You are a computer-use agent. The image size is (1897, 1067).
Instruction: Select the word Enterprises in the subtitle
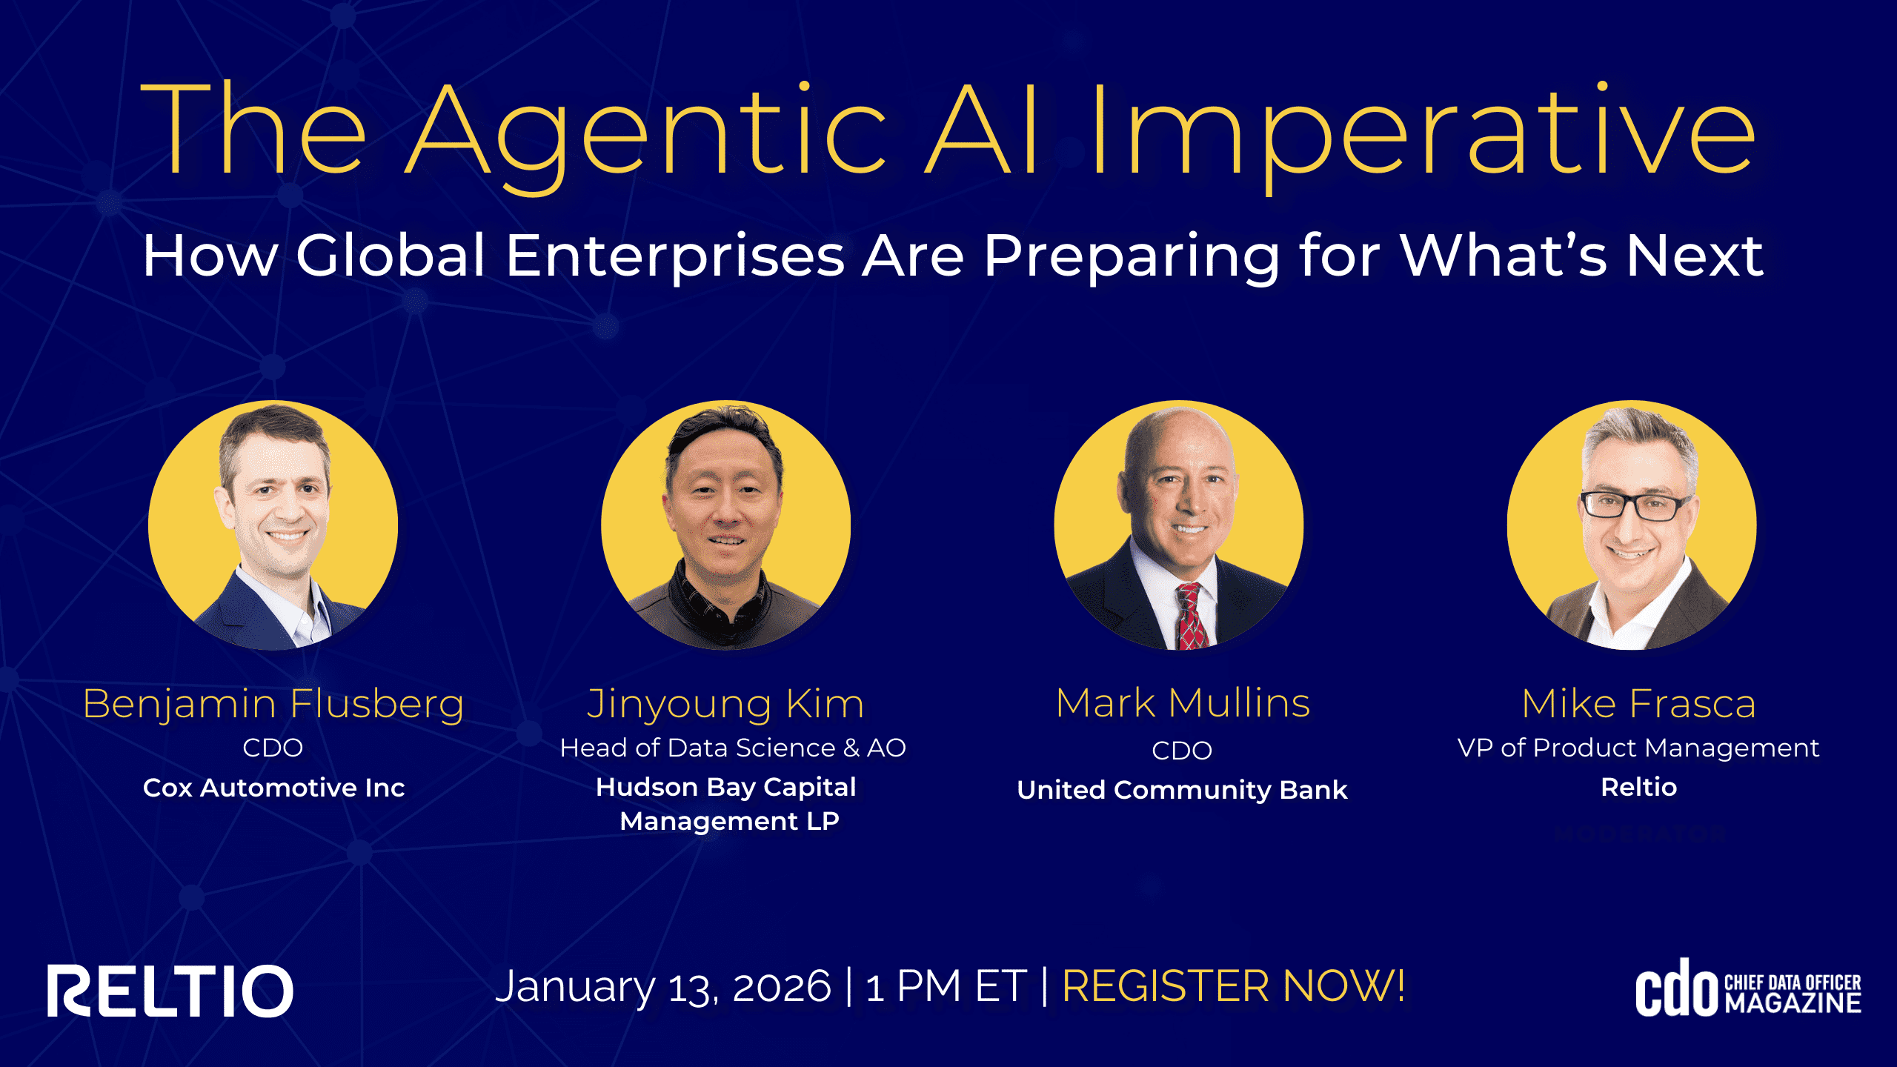(675, 256)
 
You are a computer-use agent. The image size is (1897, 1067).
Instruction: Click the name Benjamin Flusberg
(273, 704)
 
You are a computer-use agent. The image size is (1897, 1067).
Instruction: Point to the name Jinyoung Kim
(725, 704)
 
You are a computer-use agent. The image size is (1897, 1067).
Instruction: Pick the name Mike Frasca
(1638, 703)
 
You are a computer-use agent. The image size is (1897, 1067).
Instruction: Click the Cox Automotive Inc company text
(273, 788)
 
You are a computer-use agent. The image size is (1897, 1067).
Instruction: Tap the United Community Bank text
(1182, 791)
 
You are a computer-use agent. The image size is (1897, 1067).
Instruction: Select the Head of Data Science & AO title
(733, 748)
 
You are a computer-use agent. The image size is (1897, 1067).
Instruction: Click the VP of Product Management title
(1638, 748)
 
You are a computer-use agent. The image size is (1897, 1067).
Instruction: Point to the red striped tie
(1191, 616)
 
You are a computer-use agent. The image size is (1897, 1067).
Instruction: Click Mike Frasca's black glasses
(1637, 505)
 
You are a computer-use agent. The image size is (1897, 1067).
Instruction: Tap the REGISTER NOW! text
(1234, 986)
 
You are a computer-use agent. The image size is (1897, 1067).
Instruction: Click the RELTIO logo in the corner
(170, 991)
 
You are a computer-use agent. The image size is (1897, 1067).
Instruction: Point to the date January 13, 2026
(663, 987)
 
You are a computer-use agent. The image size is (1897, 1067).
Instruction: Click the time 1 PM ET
(946, 986)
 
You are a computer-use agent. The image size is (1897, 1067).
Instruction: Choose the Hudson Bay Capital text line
(726, 787)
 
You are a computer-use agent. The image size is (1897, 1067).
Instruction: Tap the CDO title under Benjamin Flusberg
(273, 748)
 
